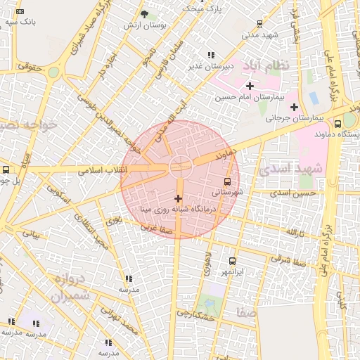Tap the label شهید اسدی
pyautogui.click(x=289, y=169)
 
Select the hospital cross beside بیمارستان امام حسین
pyautogui.click(x=249, y=86)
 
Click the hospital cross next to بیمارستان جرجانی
pyautogui.click(x=294, y=107)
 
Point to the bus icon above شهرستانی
pyautogui.click(x=226, y=181)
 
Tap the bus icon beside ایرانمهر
pyautogui.click(x=232, y=261)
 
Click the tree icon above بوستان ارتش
pyautogui.click(x=144, y=14)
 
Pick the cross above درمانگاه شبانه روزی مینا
pyautogui.click(x=178, y=198)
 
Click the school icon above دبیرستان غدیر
pyautogui.click(x=210, y=55)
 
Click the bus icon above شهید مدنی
pyautogui.click(x=260, y=23)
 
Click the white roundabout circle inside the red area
pyautogui.click(x=181, y=165)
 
